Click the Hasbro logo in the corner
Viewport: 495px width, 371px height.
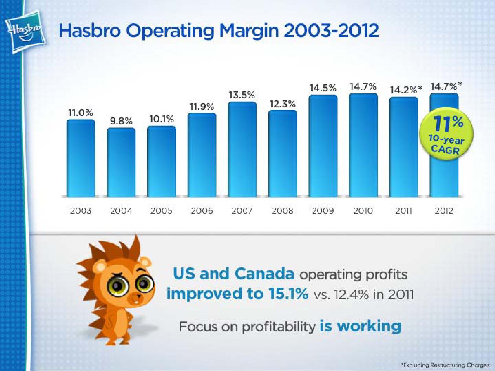[25, 34]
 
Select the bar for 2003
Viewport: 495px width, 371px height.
[81, 158]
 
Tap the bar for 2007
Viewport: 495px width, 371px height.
[243, 149]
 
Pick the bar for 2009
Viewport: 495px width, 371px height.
[323, 146]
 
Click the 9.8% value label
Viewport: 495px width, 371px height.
[121, 121]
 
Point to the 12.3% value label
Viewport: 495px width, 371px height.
[282, 104]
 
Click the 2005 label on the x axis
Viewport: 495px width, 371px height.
[161, 211]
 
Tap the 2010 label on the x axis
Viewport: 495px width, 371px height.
[363, 211]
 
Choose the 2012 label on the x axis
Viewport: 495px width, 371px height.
[444, 211]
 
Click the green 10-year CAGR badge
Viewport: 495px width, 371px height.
[446, 135]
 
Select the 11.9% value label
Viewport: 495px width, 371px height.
[202, 107]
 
